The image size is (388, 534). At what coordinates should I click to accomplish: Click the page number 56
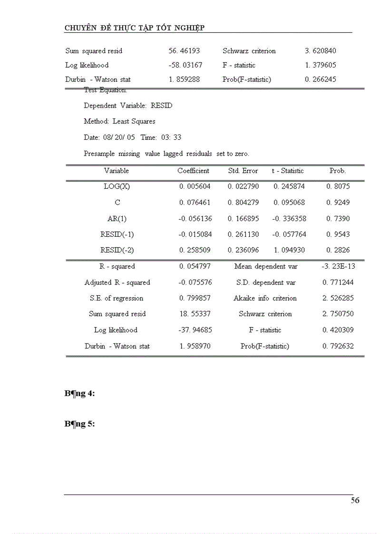pos(355,500)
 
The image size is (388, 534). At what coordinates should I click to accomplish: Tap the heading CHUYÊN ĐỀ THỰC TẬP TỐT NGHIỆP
pos(135,28)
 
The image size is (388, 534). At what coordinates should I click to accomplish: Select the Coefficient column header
pos(193,171)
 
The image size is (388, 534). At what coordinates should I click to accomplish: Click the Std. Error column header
pos(243,171)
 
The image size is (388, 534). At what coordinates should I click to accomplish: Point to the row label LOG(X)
pos(116,186)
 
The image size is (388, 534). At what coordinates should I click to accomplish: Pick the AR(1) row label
pos(117,218)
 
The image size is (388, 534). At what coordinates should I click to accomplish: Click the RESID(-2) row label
pos(117,250)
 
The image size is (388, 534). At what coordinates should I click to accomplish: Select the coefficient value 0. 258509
pos(195,250)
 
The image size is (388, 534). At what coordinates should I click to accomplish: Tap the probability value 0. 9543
pos(338,234)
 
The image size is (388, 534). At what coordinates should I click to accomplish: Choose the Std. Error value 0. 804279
pos(243,202)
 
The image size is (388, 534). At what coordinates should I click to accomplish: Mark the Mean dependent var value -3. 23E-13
pos(338,266)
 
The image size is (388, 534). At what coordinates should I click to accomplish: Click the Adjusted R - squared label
pos(117,282)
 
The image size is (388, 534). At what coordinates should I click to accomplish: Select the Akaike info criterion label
pos(265,298)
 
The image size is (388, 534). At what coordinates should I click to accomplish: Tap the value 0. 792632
pos(338,346)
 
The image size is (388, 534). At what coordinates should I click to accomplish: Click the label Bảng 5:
pos(79,424)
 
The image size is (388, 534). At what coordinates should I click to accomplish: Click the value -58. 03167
pos(185,65)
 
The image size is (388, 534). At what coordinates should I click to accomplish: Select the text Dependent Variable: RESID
pos(128,106)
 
